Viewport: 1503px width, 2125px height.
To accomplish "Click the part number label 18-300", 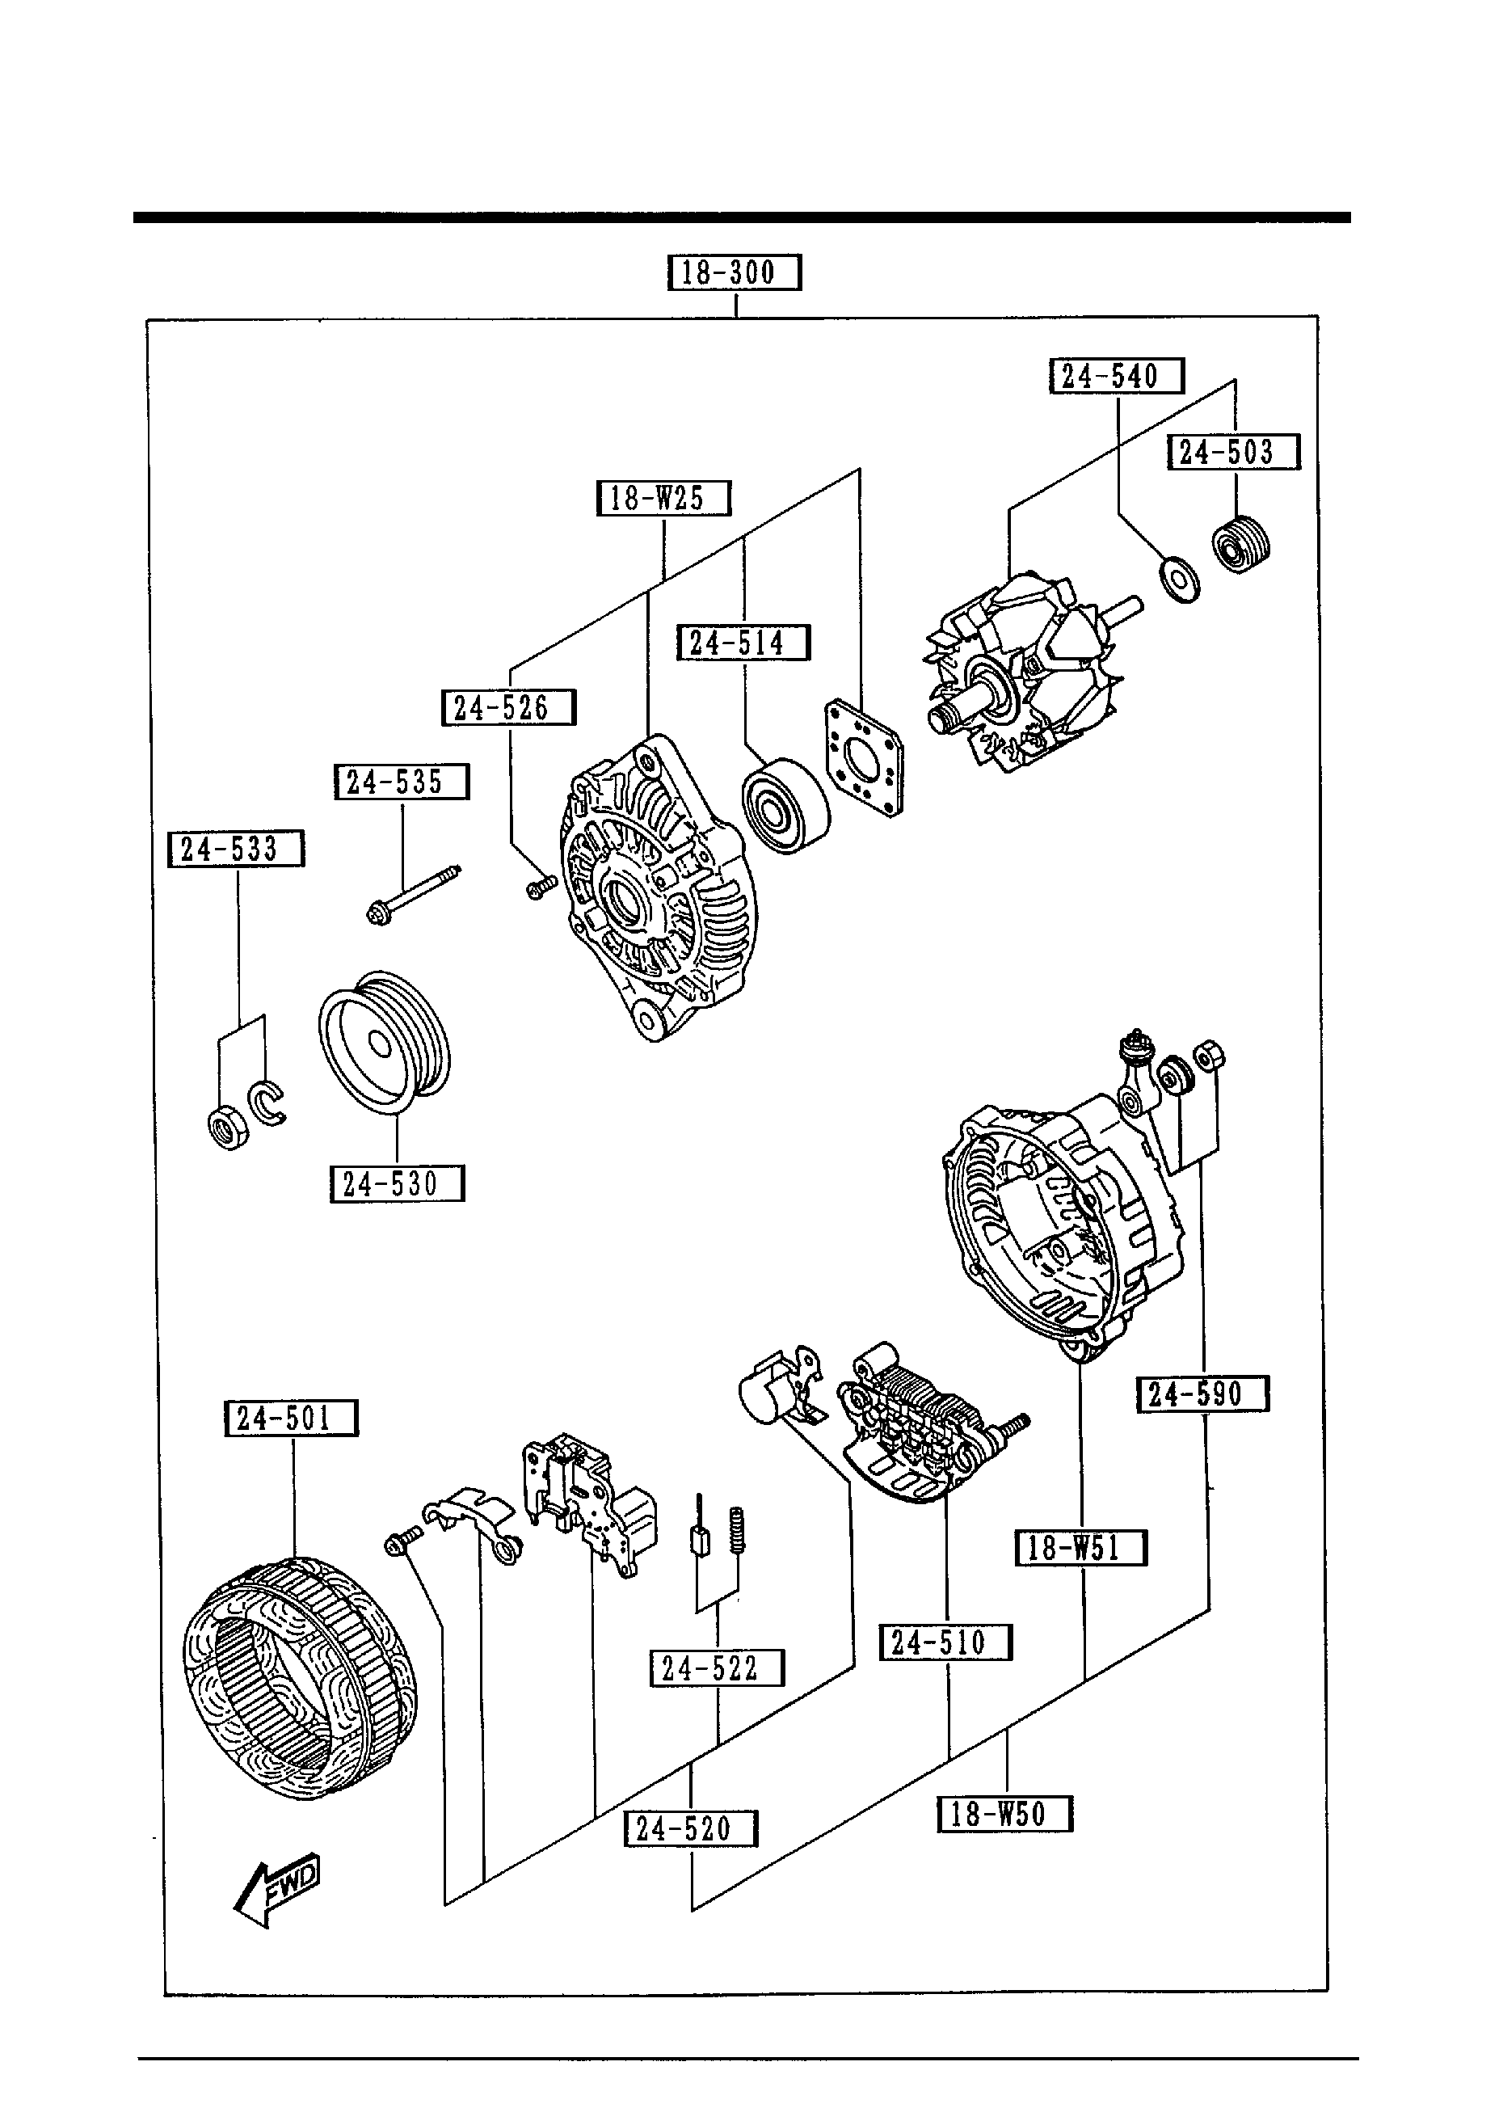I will pyautogui.click(x=734, y=273).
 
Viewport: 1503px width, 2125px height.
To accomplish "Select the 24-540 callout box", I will pyautogui.click(x=1116, y=377).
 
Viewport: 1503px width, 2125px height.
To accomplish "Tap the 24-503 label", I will pyautogui.click(x=1233, y=453).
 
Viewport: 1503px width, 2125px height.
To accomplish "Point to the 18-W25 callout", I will pyautogui.click(x=663, y=499).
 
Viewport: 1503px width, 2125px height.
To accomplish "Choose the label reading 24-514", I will pyautogui.click(x=743, y=643).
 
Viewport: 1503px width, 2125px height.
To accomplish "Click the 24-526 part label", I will pyautogui.click(x=508, y=708).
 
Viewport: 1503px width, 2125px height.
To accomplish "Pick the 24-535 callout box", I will pyautogui.click(x=401, y=782).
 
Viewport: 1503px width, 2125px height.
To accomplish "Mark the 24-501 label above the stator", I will pyautogui.click(x=291, y=1418).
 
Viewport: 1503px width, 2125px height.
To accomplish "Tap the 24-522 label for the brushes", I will pyautogui.click(x=716, y=1668).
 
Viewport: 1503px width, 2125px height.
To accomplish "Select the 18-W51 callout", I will pyautogui.click(x=1081, y=1547).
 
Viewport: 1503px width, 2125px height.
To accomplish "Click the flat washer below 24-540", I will pyautogui.click(x=1179, y=580).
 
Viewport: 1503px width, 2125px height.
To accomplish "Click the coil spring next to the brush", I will pyautogui.click(x=738, y=1530).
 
